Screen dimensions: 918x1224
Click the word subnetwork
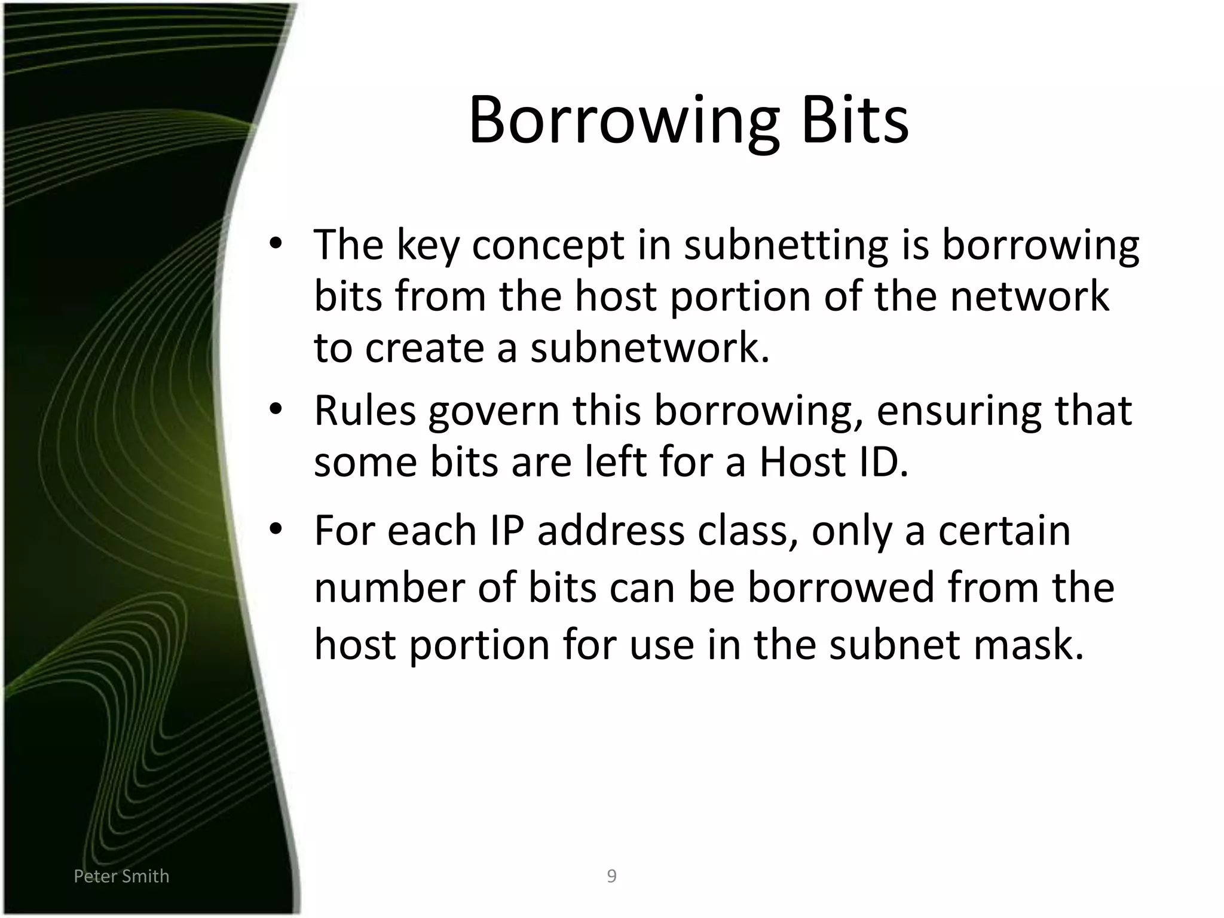click(650, 348)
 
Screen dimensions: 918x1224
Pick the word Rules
click(365, 411)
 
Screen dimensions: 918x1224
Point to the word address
click(610, 531)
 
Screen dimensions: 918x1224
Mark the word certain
click(1004, 531)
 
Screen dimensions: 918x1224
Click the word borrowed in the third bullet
click(841, 587)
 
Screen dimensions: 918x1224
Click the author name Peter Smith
click(121, 876)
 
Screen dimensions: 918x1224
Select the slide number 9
click(611, 876)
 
